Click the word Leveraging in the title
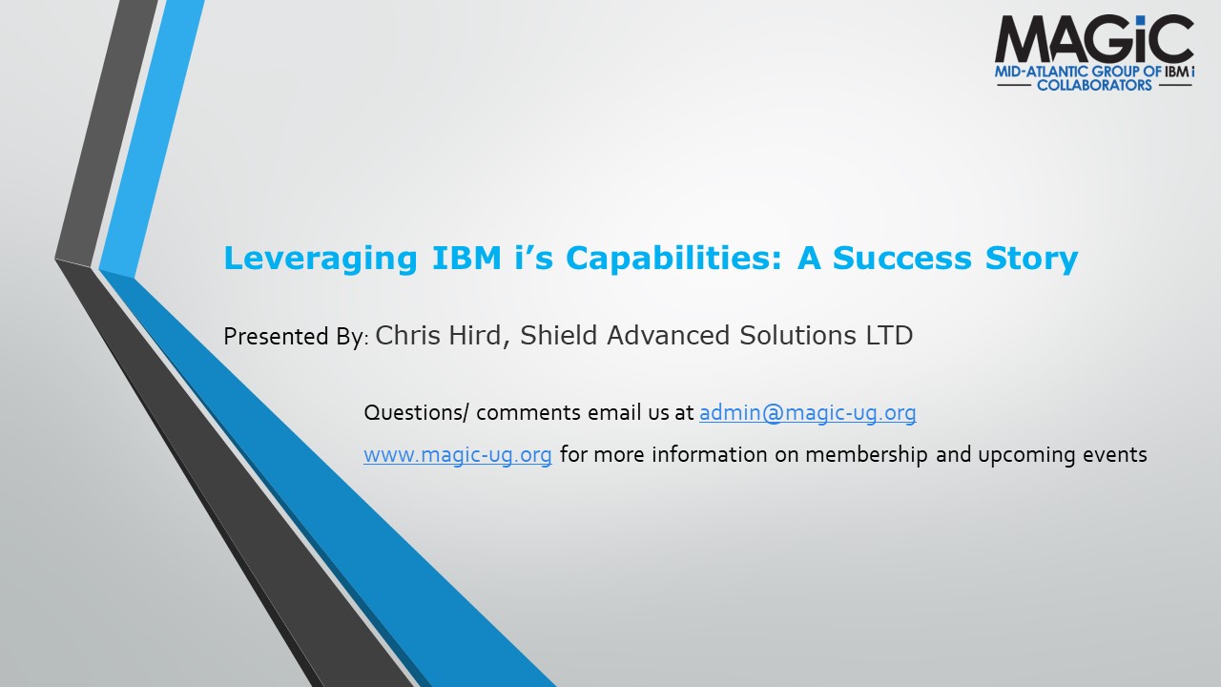pos(321,259)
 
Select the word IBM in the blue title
pos(466,258)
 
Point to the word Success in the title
pos(901,258)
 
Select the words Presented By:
pos(297,336)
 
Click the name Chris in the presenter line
pos(407,335)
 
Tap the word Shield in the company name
pos(558,335)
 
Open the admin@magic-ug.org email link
pos(807,413)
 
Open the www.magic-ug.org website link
pos(458,455)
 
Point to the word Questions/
pos(416,413)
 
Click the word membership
pos(866,454)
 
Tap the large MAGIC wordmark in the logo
pos(1094,39)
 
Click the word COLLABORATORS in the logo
pos(1094,85)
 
